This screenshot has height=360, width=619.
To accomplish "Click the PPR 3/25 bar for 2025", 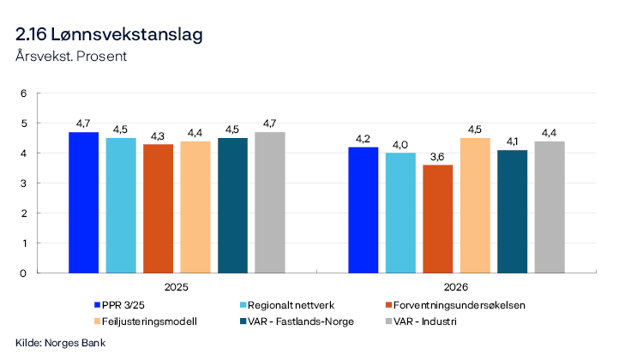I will [83, 202].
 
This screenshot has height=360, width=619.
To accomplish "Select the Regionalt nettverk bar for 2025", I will [121, 206].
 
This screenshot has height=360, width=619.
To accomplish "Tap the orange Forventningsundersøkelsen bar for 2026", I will [437, 219].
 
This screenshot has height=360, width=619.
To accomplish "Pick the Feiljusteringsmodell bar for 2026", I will [475, 206].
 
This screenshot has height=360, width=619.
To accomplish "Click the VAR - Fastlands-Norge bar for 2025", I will [232, 206].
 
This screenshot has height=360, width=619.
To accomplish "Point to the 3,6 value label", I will [437, 157].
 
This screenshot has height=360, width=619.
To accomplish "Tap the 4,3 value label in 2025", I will [158, 135].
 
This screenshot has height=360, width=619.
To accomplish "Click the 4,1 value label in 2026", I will [512, 141].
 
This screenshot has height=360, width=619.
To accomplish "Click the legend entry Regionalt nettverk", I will [279, 305].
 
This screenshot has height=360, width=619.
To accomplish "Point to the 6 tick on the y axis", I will [24, 93].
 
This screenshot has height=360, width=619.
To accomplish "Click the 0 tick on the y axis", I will [24, 273].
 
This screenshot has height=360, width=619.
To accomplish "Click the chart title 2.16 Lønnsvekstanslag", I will [109, 35].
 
